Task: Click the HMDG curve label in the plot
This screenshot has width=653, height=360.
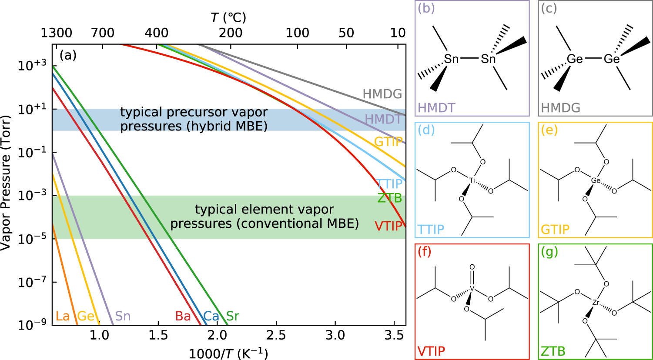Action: coord(382,94)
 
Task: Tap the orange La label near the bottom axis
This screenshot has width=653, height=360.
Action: coord(63,316)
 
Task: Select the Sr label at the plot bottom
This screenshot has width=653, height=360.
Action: coord(233,316)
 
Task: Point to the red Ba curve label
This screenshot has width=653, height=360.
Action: coord(183,316)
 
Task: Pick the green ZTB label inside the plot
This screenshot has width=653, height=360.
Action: coord(389,198)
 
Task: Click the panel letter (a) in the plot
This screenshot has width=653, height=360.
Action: coord(68,55)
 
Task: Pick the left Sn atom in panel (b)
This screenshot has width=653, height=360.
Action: coord(452,59)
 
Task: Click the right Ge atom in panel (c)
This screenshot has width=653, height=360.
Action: coord(611,59)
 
